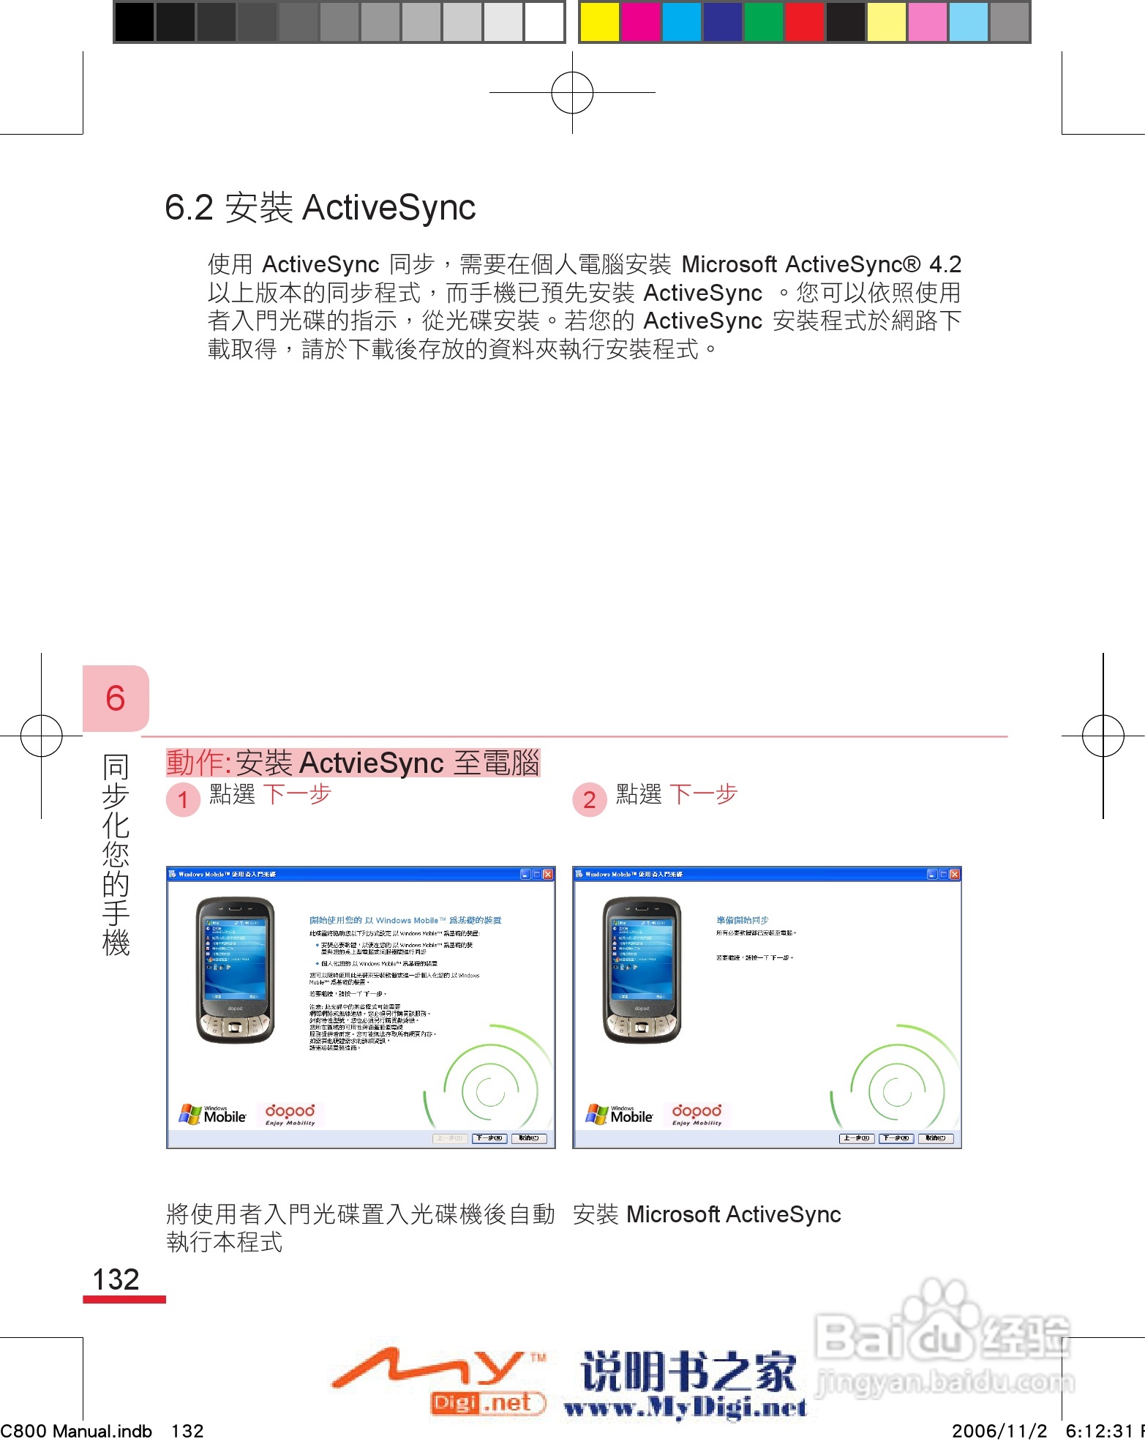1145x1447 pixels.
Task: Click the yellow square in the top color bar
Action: tap(599, 22)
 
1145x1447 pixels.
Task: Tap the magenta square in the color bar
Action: tap(640, 22)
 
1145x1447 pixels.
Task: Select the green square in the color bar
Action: tap(763, 22)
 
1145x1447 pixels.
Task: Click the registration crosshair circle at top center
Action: tap(572, 93)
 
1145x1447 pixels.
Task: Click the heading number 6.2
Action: tap(189, 208)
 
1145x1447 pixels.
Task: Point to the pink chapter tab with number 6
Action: tap(116, 698)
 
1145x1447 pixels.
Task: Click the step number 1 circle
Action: tap(183, 799)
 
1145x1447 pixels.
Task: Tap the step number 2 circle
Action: tap(589, 799)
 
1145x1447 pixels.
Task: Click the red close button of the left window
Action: tap(547, 874)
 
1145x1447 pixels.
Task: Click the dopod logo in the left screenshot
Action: tap(290, 1114)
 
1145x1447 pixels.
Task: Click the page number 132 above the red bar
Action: tap(116, 1279)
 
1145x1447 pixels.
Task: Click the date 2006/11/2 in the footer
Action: tap(999, 1431)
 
